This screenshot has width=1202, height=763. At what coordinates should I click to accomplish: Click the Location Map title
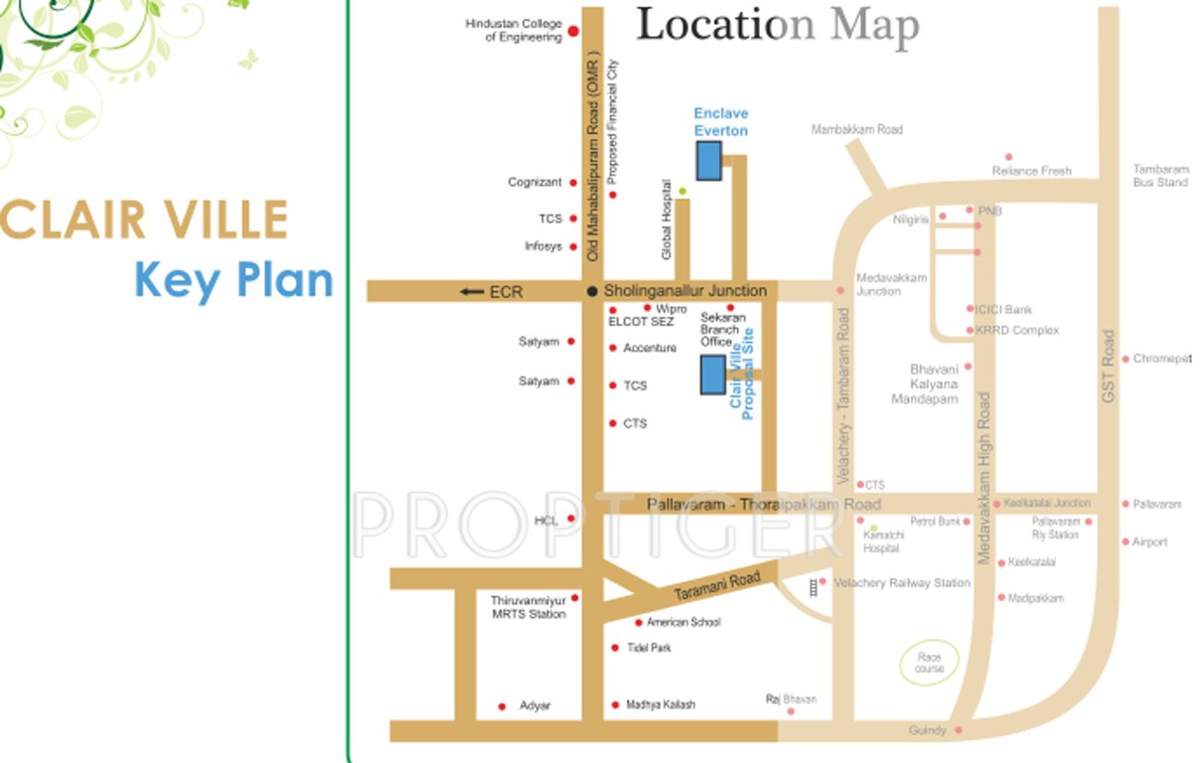coord(777,27)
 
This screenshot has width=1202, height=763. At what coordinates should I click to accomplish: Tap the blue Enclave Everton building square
coord(708,160)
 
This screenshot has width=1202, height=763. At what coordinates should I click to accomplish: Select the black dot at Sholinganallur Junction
coord(592,291)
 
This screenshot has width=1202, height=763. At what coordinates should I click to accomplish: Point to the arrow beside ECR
coord(471,292)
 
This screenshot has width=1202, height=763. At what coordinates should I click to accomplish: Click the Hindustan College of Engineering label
coord(514,31)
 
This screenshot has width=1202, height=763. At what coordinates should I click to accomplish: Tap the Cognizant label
coord(535,183)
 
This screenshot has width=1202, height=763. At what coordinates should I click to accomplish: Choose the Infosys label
coord(543,246)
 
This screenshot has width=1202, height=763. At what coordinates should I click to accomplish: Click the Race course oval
coord(929,663)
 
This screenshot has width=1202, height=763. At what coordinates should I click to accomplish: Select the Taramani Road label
coord(717,584)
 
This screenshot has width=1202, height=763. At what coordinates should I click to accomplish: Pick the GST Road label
coord(1109,367)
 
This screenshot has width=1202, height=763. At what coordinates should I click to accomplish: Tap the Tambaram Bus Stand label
coord(1160,176)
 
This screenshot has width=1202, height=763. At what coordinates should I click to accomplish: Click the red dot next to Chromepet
coord(1126,359)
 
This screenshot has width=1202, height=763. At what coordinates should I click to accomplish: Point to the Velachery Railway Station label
coord(902,583)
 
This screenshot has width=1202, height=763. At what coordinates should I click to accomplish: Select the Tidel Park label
coord(649,648)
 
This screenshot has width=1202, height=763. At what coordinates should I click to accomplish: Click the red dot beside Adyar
coord(502,706)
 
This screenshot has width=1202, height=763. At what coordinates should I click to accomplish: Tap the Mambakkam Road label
coord(856,130)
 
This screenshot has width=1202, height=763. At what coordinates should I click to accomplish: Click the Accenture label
coord(650,348)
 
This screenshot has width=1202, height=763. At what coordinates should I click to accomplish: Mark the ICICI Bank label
coord(1004,310)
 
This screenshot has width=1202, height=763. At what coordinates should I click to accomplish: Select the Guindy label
coord(928,731)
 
